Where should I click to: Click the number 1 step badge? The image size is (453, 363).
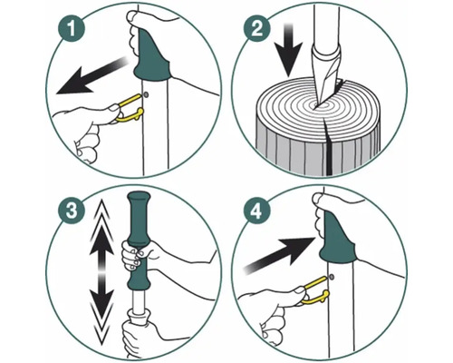(72, 29)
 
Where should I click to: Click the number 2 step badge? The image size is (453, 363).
(256, 29)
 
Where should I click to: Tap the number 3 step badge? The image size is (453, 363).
(72, 211)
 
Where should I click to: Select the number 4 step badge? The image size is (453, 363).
(256, 211)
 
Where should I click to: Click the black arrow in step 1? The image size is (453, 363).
(92, 75)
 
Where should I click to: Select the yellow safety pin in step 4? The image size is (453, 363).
(315, 289)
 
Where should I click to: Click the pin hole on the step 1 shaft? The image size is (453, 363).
(147, 95)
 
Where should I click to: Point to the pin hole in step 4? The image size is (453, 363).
(332, 277)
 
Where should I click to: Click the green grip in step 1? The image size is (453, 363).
(151, 56)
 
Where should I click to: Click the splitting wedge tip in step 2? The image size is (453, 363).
(316, 104)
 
